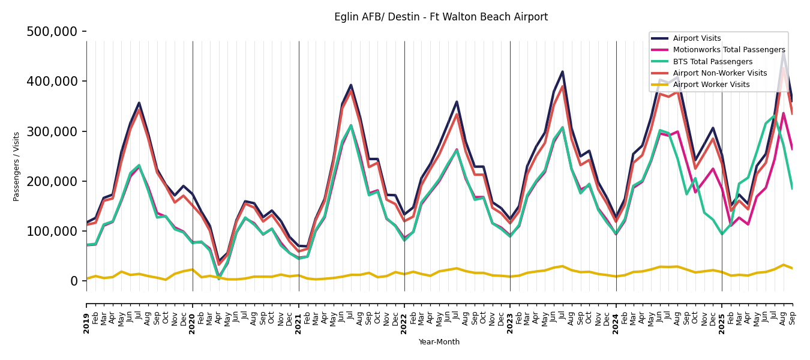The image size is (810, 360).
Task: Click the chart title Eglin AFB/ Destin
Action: click(440, 17)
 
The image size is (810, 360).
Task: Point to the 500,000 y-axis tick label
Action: click(52, 32)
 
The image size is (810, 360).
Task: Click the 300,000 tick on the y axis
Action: click(52, 131)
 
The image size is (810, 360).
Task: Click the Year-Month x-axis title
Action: click(439, 342)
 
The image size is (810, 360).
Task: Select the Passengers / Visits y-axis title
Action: click(17, 166)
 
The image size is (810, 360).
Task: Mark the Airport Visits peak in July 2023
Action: click(562, 72)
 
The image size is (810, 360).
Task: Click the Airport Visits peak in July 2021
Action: click(351, 85)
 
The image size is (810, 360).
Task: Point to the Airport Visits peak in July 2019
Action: click(139, 103)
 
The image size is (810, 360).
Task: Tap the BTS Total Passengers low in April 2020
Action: click(219, 278)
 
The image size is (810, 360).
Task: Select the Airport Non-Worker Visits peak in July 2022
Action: click(457, 114)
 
